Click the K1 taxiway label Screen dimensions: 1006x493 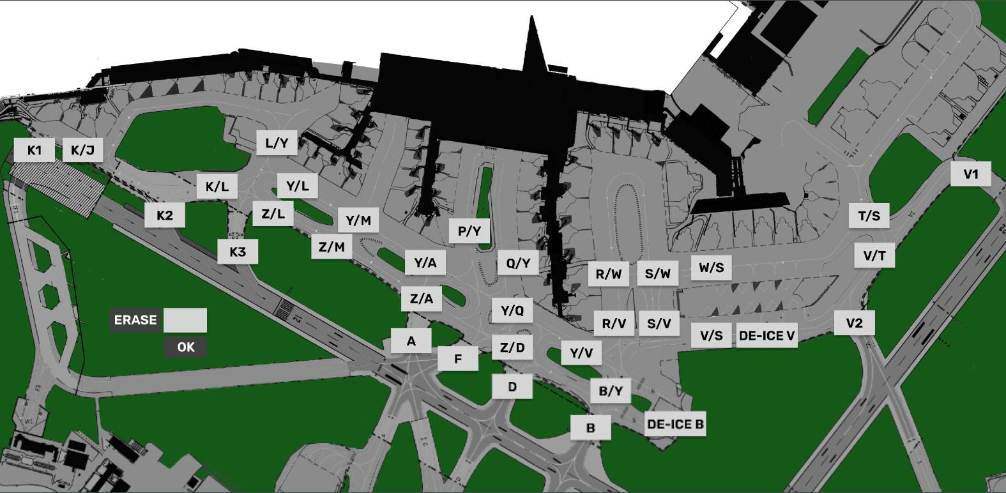[x=34, y=150]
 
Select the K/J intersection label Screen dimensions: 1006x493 [x=82, y=150]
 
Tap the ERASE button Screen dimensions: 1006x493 [x=135, y=320]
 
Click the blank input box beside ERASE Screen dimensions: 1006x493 [x=185, y=320]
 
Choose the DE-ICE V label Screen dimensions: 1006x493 [x=766, y=335]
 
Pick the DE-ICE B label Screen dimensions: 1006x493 [x=675, y=424]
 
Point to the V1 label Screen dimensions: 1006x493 [x=970, y=174]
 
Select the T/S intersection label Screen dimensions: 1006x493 [x=869, y=216]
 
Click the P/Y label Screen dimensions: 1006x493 [x=469, y=231]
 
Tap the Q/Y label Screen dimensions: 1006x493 [x=518, y=263]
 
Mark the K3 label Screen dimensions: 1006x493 [x=238, y=252]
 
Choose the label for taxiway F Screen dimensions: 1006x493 [x=458, y=359]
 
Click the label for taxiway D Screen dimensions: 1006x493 [x=512, y=386]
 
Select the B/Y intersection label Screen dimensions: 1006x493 [x=611, y=391]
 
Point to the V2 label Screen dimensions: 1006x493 [x=854, y=323]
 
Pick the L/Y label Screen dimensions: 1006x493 [x=277, y=143]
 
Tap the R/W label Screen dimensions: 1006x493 [x=609, y=274]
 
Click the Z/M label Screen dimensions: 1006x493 [x=332, y=247]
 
